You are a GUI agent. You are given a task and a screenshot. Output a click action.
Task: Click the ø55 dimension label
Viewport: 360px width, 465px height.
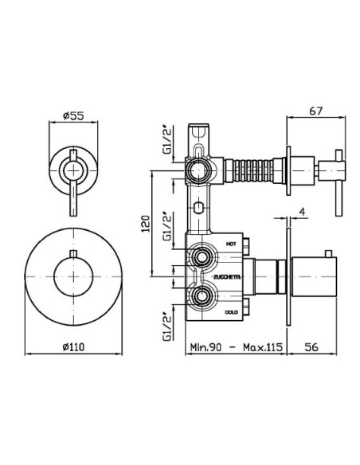[x=73, y=116]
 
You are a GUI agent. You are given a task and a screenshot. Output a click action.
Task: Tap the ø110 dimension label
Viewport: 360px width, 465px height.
[x=73, y=346]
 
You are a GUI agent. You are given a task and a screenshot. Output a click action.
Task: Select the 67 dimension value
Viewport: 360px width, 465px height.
[x=316, y=111]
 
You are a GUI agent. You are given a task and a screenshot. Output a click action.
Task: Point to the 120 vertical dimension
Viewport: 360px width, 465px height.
[x=146, y=224]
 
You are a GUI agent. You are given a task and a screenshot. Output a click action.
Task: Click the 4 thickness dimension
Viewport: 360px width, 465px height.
[x=302, y=212]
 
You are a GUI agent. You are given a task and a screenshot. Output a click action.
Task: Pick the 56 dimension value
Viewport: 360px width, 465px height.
[x=311, y=346]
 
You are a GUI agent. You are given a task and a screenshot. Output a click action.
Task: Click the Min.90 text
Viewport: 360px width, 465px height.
[x=205, y=347]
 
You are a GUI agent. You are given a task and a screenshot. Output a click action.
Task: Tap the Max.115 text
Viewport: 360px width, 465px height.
[x=263, y=347]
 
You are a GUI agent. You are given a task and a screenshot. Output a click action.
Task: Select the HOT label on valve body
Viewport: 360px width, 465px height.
[x=231, y=244]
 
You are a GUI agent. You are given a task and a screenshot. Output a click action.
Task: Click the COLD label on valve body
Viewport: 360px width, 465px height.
[x=231, y=312]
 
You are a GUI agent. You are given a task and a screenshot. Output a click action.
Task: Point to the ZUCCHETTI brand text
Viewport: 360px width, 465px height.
[x=227, y=277]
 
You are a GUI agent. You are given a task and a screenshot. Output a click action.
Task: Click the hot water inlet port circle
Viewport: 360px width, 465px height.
[x=202, y=257]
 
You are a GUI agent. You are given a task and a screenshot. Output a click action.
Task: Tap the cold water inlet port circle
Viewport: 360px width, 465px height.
[x=202, y=296]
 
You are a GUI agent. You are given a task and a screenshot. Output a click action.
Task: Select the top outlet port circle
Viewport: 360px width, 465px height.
[x=198, y=171]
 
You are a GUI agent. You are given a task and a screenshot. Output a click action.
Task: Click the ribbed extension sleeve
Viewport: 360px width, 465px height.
[x=250, y=171]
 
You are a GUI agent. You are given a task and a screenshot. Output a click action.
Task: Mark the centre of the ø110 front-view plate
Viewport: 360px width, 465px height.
[x=73, y=276]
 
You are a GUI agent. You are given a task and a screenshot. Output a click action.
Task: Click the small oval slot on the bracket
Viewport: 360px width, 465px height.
[x=198, y=207]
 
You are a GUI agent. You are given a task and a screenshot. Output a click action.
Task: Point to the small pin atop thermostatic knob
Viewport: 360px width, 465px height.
[x=327, y=254]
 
